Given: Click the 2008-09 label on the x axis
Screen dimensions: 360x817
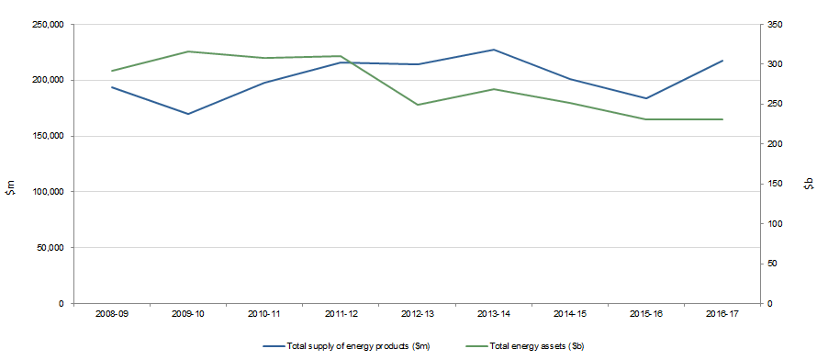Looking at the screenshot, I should pos(111,314).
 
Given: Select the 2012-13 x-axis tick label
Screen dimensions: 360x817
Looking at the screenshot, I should pos(418,314).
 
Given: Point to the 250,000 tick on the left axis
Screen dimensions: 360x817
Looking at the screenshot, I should pos(46,25).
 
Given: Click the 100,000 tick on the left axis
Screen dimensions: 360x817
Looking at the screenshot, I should pos(46,192).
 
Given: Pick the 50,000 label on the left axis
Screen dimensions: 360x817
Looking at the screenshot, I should pos(49,248).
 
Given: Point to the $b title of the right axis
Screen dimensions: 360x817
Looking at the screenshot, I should pos(808,186).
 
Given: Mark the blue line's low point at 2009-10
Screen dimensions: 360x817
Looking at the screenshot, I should pos(188,114).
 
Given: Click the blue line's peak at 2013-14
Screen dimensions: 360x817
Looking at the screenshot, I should pos(494,50).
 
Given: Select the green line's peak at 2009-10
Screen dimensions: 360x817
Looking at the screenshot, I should pos(188,51).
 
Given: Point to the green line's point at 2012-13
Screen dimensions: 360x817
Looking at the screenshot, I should pos(418,105).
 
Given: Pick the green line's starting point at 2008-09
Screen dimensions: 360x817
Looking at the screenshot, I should pos(111,71).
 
